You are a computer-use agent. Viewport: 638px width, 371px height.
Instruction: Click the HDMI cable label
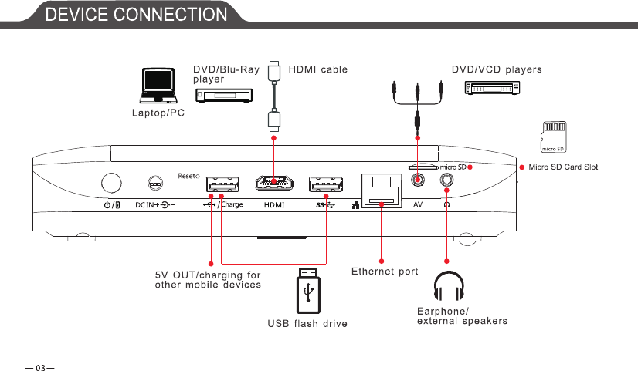pos(317,69)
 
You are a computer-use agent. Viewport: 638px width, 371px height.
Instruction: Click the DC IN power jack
pos(155,184)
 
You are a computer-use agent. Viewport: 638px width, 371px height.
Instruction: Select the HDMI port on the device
pos(274,184)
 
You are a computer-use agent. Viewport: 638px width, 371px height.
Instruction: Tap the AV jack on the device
pos(418,180)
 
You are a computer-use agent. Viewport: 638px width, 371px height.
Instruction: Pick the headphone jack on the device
pos(446,180)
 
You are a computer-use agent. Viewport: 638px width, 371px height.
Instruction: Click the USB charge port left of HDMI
pos(222,184)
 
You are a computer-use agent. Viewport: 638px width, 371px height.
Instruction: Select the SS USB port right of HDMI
pos(326,184)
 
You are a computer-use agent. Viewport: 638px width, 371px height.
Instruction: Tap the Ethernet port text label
pos(385,272)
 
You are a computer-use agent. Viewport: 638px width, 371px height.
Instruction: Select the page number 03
pos(36,359)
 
